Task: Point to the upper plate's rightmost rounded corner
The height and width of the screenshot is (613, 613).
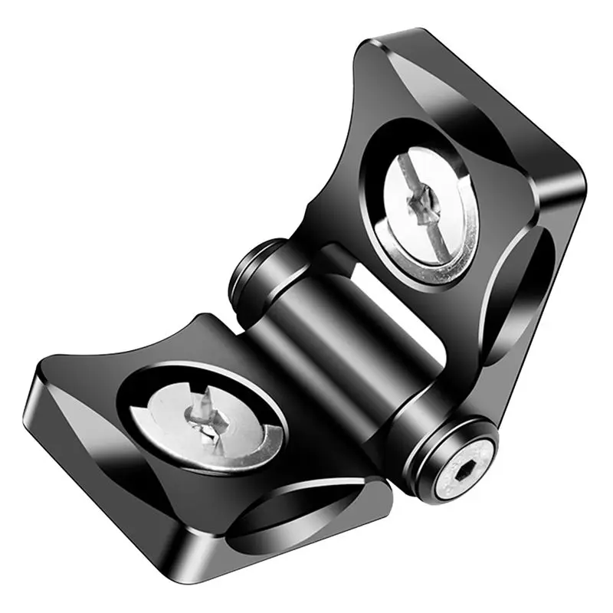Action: [x=579, y=184]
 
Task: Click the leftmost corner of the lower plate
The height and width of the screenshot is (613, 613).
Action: [x=34, y=383]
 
